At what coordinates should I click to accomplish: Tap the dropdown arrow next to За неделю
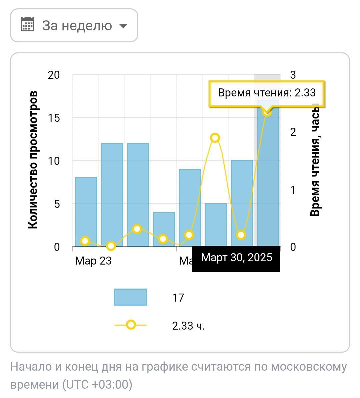pyautogui.click(x=123, y=26)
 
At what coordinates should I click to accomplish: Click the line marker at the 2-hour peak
pyautogui.click(x=215, y=138)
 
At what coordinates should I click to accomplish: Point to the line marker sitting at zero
pyautogui.click(x=111, y=246)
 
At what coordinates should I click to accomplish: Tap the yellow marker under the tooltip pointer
pyautogui.click(x=267, y=112)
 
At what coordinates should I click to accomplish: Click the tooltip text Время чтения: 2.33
pyautogui.click(x=267, y=93)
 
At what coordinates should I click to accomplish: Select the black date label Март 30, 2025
pyautogui.click(x=236, y=258)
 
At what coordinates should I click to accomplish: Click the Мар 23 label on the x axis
pyautogui.click(x=93, y=261)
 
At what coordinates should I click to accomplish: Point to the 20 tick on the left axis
pyautogui.click(x=54, y=75)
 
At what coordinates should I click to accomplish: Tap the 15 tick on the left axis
pyautogui.click(x=54, y=118)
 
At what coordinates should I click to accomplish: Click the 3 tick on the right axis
pyautogui.click(x=293, y=75)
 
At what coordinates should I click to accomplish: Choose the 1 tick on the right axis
pyautogui.click(x=293, y=190)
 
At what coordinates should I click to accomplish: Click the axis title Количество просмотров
pyautogui.click(x=33, y=160)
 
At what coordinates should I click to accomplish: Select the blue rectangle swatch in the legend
pyautogui.click(x=130, y=297)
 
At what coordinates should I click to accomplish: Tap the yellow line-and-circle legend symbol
pyautogui.click(x=131, y=325)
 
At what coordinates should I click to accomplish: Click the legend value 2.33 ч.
pyautogui.click(x=188, y=326)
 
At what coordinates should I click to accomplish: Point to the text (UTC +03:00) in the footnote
pyautogui.click(x=97, y=385)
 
